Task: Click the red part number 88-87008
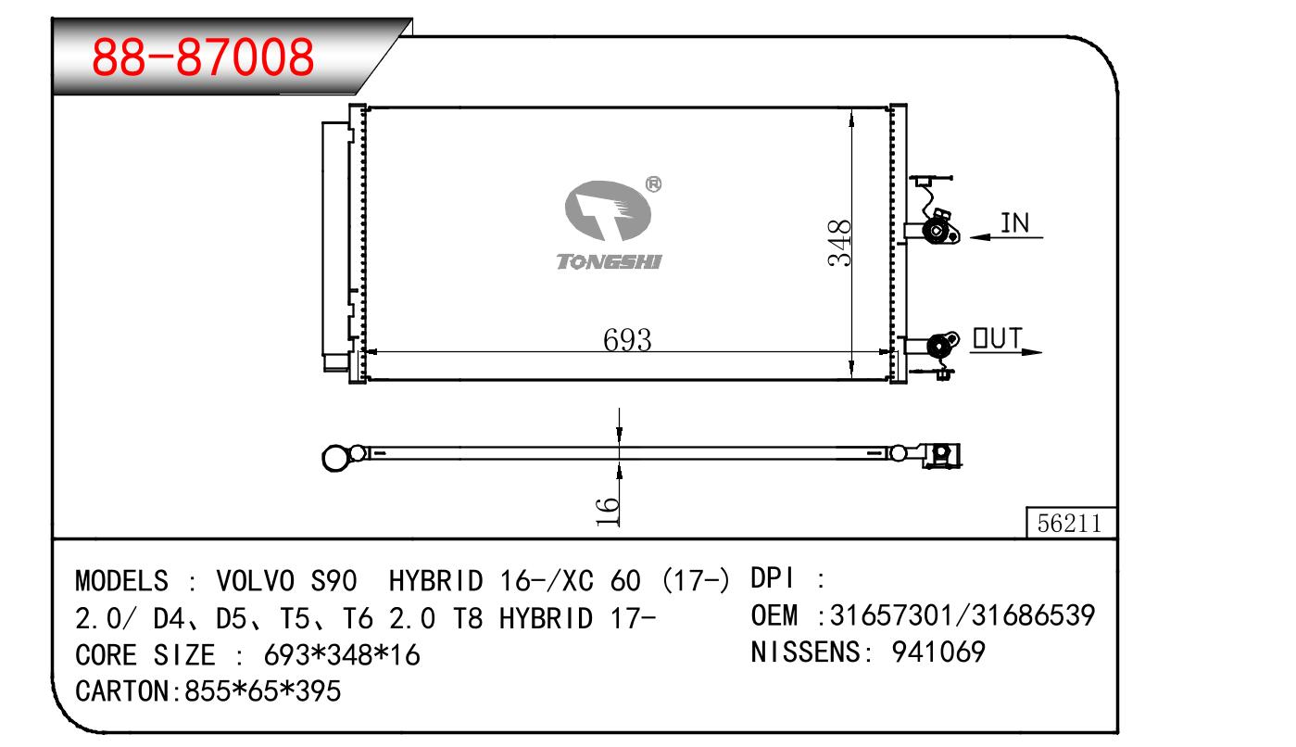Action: pyautogui.click(x=203, y=57)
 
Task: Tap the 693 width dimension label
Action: pyautogui.click(x=627, y=340)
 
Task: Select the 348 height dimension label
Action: pyautogui.click(x=839, y=243)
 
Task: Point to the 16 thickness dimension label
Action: pyautogui.click(x=607, y=512)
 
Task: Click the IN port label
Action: pyautogui.click(x=1014, y=223)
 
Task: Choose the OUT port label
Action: pyautogui.click(x=998, y=338)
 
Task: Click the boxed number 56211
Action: pyautogui.click(x=1069, y=524)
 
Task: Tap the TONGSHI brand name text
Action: pyautogui.click(x=609, y=262)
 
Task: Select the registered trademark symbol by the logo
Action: pyautogui.click(x=653, y=184)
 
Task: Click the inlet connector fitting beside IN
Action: pyautogui.click(x=937, y=231)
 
